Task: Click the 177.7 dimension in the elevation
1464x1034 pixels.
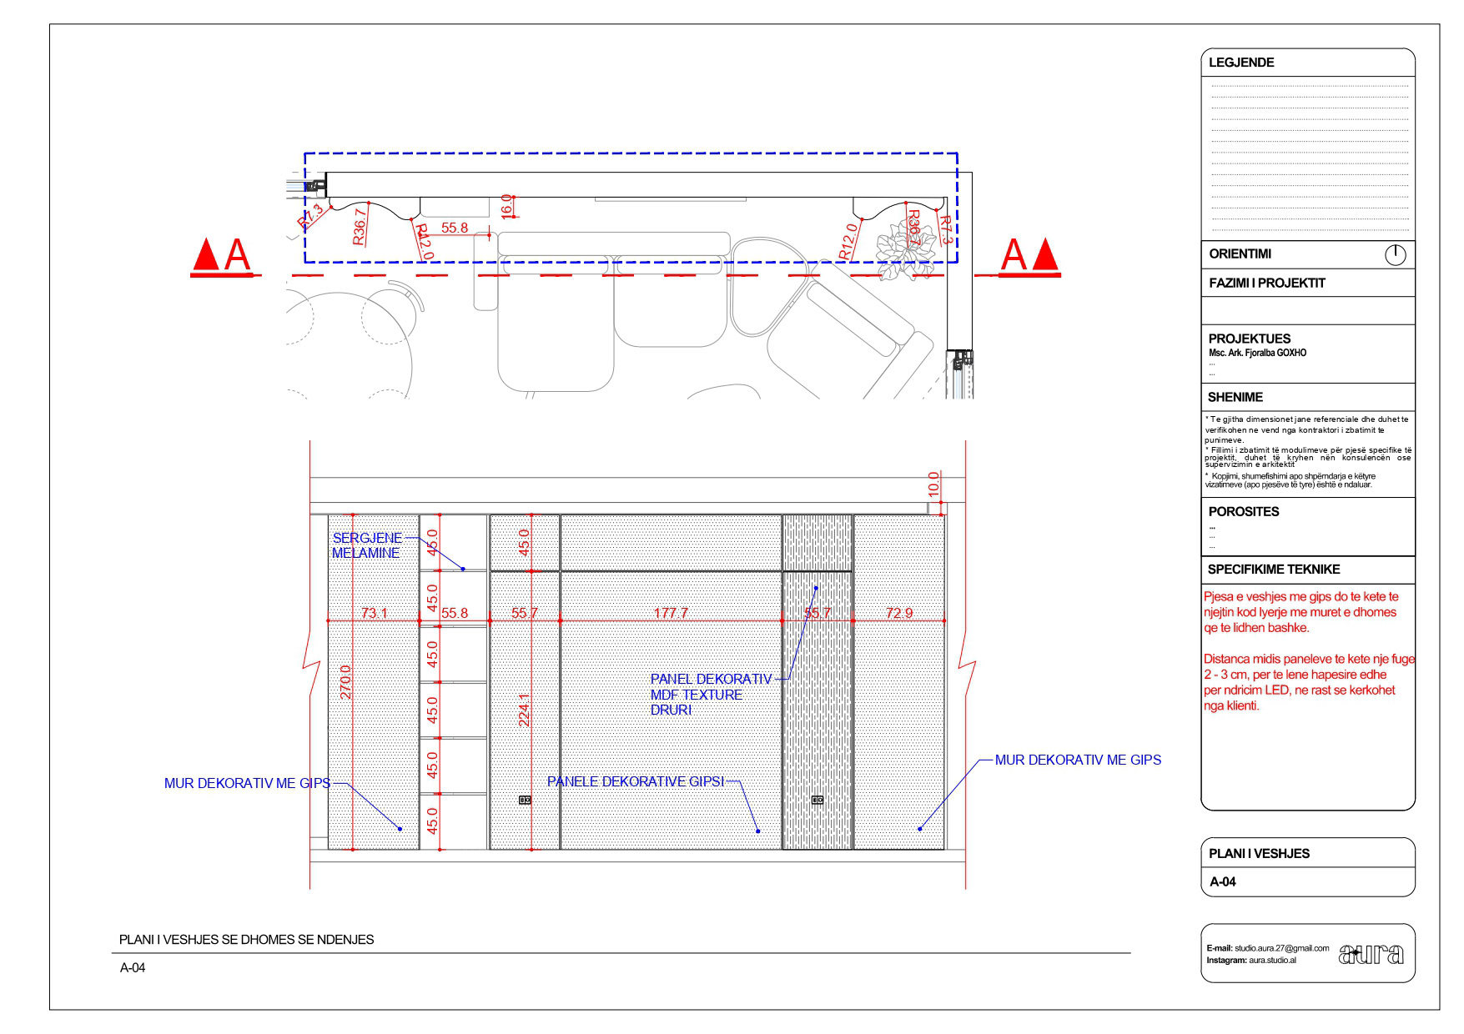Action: pyautogui.click(x=671, y=613)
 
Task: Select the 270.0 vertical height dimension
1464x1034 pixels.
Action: pyautogui.click(x=346, y=681)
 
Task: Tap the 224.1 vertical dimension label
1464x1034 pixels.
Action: pyautogui.click(x=525, y=710)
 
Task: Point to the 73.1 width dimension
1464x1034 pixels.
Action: pyautogui.click(x=374, y=613)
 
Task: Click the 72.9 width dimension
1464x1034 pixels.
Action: pyautogui.click(x=899, y=613)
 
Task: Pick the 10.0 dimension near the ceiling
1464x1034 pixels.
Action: pyautogui.click(x=933, y=485)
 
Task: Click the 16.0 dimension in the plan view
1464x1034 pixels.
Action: pyautogui.click(x=506, y=207)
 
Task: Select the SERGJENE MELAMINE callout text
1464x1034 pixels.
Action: pyautogui.click(x=367, y=545)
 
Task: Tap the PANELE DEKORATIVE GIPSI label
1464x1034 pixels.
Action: pyautogui.click(x=635, y=781)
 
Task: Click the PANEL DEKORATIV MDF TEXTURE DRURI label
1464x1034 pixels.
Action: pyautogui.click(x=711, y=695)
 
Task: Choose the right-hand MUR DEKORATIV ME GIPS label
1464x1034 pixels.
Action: pyautogui.click(x=1078, y=760)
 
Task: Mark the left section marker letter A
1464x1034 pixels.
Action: pyautogui.click(x=237, y=256)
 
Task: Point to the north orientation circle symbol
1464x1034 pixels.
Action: pyautogui.click(x=1395, y=254)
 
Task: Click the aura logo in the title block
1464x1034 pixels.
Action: pyautogui.click(x=1371, y=953)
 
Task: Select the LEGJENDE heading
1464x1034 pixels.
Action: pyautogui.click(x=1241, y=63)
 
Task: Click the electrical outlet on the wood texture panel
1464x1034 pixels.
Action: pyautogui.click(x=818, y=800)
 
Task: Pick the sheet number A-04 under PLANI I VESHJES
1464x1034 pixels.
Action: pyautogui.click(x=1223, y=881)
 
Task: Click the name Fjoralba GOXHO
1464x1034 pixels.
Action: pyautogui.click(x=1257, y=353)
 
